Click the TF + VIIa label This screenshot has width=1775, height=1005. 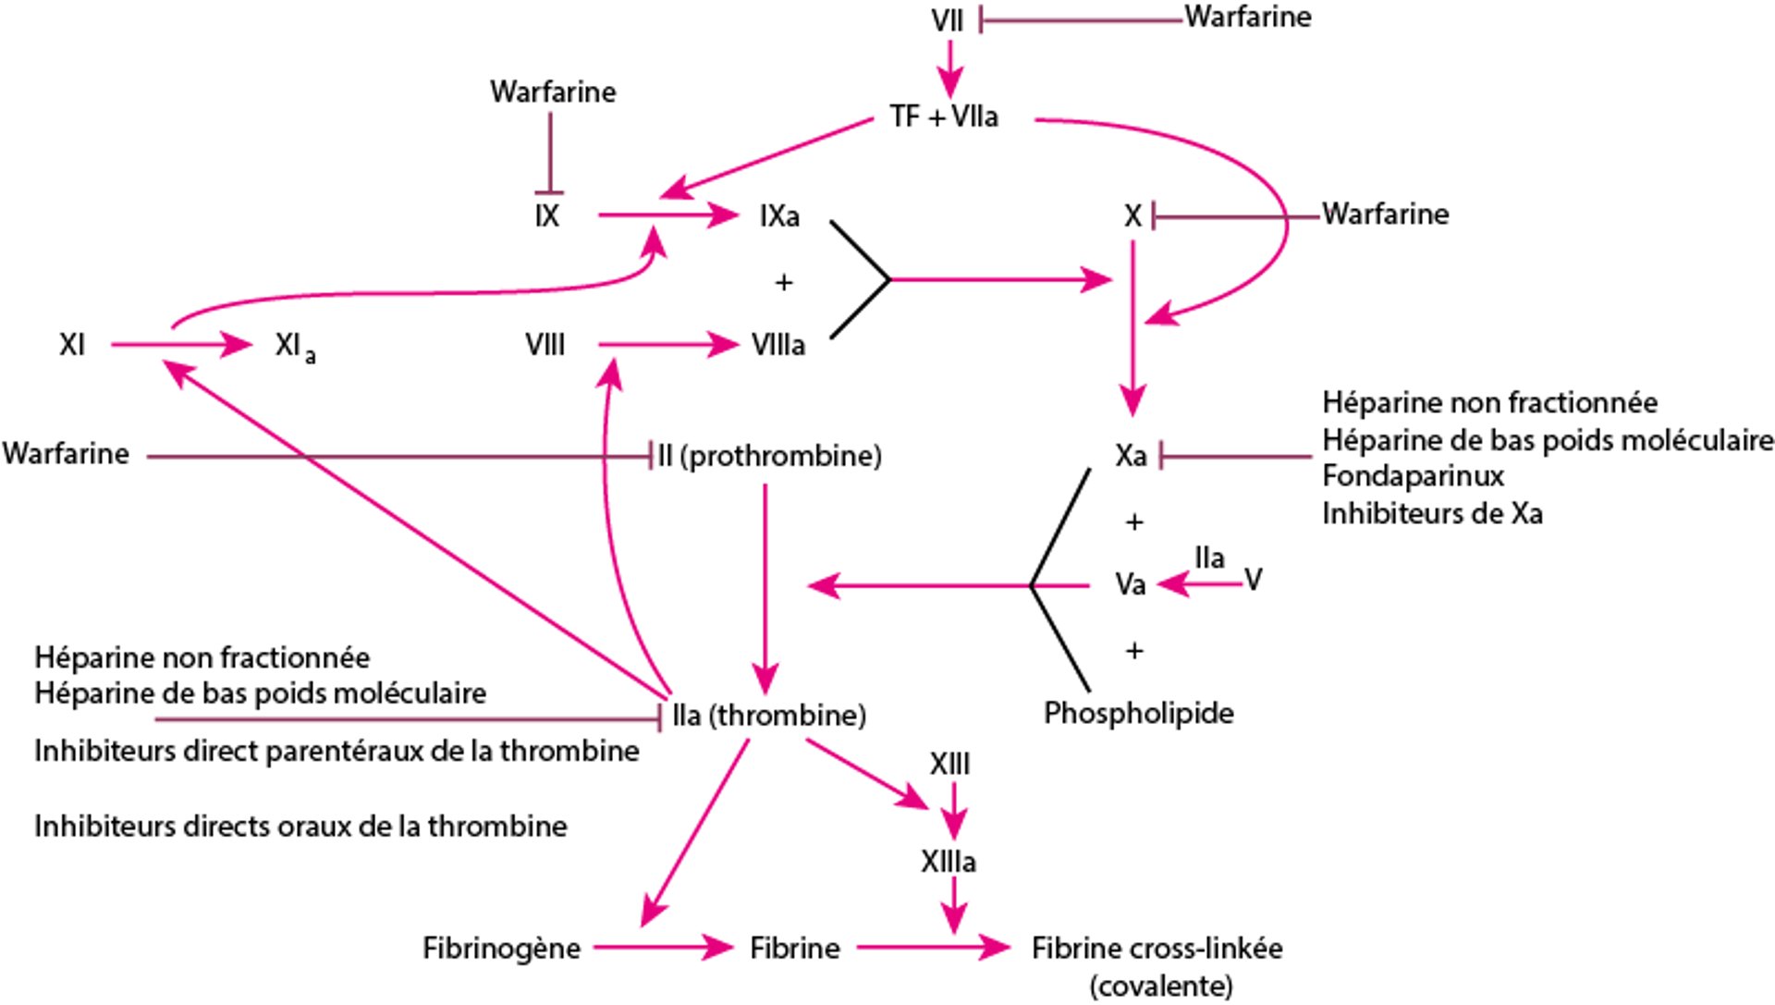pyautogui.click(x=943, y=117)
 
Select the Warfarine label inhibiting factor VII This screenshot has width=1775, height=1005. pyautogui.click(x=1247, y=17)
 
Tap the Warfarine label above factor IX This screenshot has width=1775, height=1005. pyautogui.click(x=553, y=92)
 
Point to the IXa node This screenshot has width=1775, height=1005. pyautogui.click(x=779, y=216)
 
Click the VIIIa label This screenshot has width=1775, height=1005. pyautogui.click(x=778, y=345)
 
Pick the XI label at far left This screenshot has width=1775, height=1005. pyautogui.click(x=72, y=345)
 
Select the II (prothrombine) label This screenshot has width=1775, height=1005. pyautogui.click(x=769, y=456)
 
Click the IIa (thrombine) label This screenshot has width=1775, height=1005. pyautogui.click(x=768, y=715)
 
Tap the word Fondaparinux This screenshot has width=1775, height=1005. pyautogui.click(x=1413, y=476)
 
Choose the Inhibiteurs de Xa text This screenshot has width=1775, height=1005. pyautogui.click(x=1431, y=513)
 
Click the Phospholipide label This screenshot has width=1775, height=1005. pyautogui.click(x=1138, y=713)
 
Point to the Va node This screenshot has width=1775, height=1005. pyautogui.click(x=1130, y=584)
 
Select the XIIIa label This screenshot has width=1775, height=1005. pyautogui.click(x=949, y=862)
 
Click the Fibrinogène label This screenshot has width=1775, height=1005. pyautogui.click(x=501, y=948)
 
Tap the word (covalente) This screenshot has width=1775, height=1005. pyautogui.click(x=1160, y=986)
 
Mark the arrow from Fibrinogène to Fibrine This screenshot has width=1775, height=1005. pyautogui.click(x=662, y=947)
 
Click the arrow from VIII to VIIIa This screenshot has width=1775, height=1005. pyautogui.click(x=667, y=345)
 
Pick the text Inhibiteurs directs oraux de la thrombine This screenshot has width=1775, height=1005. pyautogui.click(x=300, y=826)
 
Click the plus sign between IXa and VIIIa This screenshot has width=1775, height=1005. pyautogui.click(x=784, y=282)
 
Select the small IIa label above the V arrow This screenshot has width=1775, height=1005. pyautogui.click(x=1209, y=558)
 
